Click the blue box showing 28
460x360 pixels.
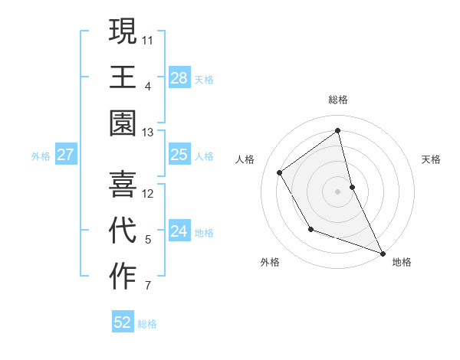click(179, 77)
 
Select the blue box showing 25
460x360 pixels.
click(179, 155)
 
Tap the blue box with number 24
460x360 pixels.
click(179, 231)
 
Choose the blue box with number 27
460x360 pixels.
click(66, 155)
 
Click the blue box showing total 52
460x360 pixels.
click(123, 322)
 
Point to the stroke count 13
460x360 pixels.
click(148, 133)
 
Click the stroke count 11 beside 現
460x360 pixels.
click(148, 38)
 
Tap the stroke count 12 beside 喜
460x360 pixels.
click(148, 193)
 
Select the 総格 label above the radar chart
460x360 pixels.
click(338, 100)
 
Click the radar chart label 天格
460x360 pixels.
click(431, 159)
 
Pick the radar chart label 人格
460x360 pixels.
click(245, 159)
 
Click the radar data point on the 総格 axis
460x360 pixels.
click(338, 131)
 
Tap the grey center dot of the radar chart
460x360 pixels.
click(338, 191)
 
